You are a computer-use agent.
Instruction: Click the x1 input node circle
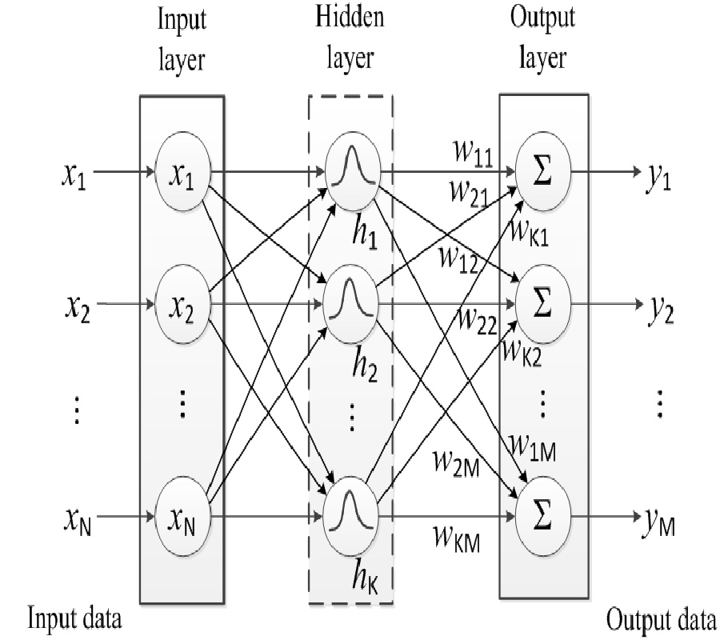(x=182, y=171)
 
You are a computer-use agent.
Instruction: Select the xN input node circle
(x=182, y=517)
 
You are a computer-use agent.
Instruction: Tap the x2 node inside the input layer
(x=182, y=304)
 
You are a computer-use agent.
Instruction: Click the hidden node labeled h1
(x=350, y=171)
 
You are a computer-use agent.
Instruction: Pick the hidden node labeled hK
(x=350, y=517)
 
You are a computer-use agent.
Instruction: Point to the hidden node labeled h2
(x=350, y=304)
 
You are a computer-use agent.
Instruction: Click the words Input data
(x=77, y=618)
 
